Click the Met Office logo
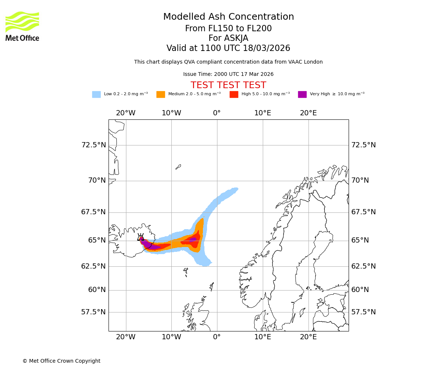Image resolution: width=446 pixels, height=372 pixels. point(22,26)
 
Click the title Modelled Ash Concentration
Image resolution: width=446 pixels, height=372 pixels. point(228,17)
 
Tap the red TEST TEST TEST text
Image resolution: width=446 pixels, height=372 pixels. point(228,85)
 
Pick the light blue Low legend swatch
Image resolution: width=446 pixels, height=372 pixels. point(96,94)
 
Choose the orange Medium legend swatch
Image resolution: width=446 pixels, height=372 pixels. point(161,94)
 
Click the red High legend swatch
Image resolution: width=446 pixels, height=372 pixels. point(234,94)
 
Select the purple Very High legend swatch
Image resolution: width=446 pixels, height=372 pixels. point(302,94)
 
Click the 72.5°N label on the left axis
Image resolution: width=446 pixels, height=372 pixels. point(93,145)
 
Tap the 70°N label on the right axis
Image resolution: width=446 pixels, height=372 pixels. point(360,180)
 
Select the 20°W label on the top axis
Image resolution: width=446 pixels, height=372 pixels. point(126,113)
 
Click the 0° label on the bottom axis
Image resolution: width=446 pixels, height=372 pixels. point(217,337)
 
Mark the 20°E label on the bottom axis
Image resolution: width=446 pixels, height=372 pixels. point(308,337)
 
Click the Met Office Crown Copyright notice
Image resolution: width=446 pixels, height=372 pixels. point(61,361)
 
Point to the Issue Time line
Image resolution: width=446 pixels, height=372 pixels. point(228,74)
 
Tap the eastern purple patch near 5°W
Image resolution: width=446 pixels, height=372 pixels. point(193,240)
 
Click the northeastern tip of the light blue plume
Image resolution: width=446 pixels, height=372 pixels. point(236,189)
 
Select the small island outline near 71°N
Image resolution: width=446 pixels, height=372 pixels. point(178,167)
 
